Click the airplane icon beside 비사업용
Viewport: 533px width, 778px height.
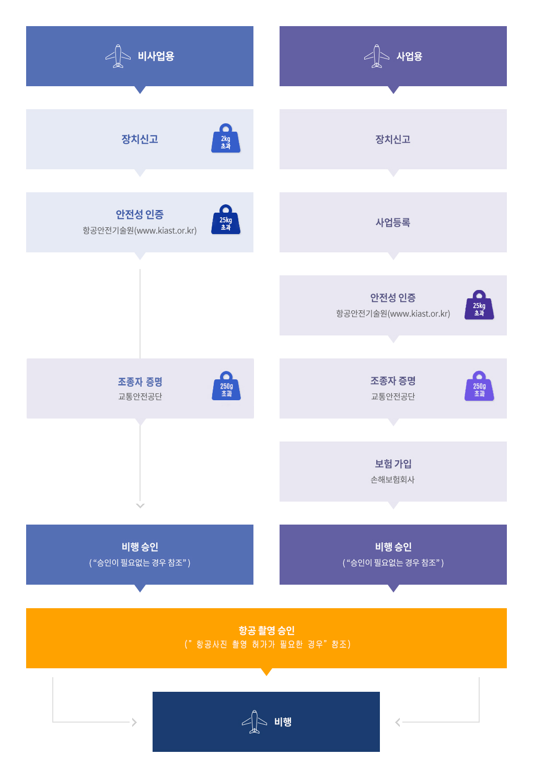tap(118, 56)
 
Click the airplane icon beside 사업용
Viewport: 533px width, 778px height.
tap(377, 56)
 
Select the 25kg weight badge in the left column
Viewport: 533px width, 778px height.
tap(226, 220)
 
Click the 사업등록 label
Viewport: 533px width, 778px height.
tap(393, 223)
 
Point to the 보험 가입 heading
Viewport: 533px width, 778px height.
tap(393, 464)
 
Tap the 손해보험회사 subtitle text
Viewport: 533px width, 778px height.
tap(392, 480)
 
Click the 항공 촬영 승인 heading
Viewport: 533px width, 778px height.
tap(266, 631)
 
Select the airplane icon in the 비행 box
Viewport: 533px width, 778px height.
tap(254, 722)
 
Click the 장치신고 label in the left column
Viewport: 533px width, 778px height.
tap(140, 140)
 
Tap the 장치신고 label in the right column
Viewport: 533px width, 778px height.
tap(393, 140)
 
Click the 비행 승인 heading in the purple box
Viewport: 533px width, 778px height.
tap(393, 547)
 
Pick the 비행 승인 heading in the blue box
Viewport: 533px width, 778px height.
tap(140, 547)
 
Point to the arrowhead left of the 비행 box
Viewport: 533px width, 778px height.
tap(134, 722)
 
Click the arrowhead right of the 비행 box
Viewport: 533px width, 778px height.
tap(398, 722)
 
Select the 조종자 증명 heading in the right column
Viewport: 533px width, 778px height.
tap(393, 381)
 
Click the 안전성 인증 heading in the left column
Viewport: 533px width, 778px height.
tap(140, 214)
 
